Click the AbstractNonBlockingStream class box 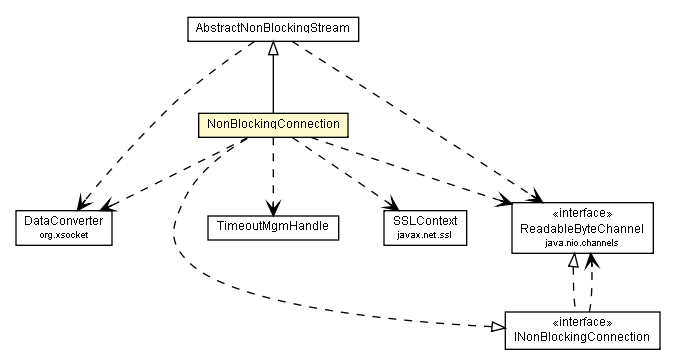[273, 29]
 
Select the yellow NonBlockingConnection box [273, 125]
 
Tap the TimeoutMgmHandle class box [273, 227]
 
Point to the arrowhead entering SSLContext [393, 202]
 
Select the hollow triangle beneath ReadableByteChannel [573, 261]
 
